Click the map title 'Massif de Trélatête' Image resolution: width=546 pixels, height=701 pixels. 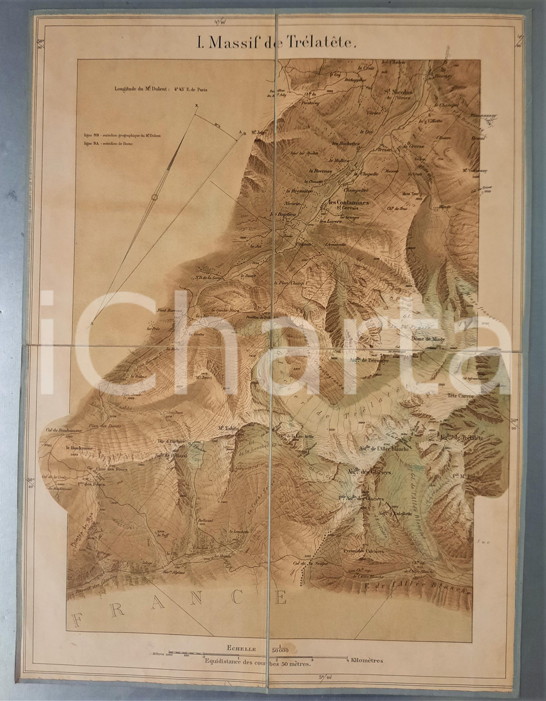[x=277, y=44]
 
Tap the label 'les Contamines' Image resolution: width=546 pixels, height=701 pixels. [x=348, y=202]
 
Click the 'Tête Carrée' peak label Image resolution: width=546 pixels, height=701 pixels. [x=459, y=395]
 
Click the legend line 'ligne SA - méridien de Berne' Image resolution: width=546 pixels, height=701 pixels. [x=112, y=144]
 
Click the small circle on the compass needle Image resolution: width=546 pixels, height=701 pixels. [x=155, y=198]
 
